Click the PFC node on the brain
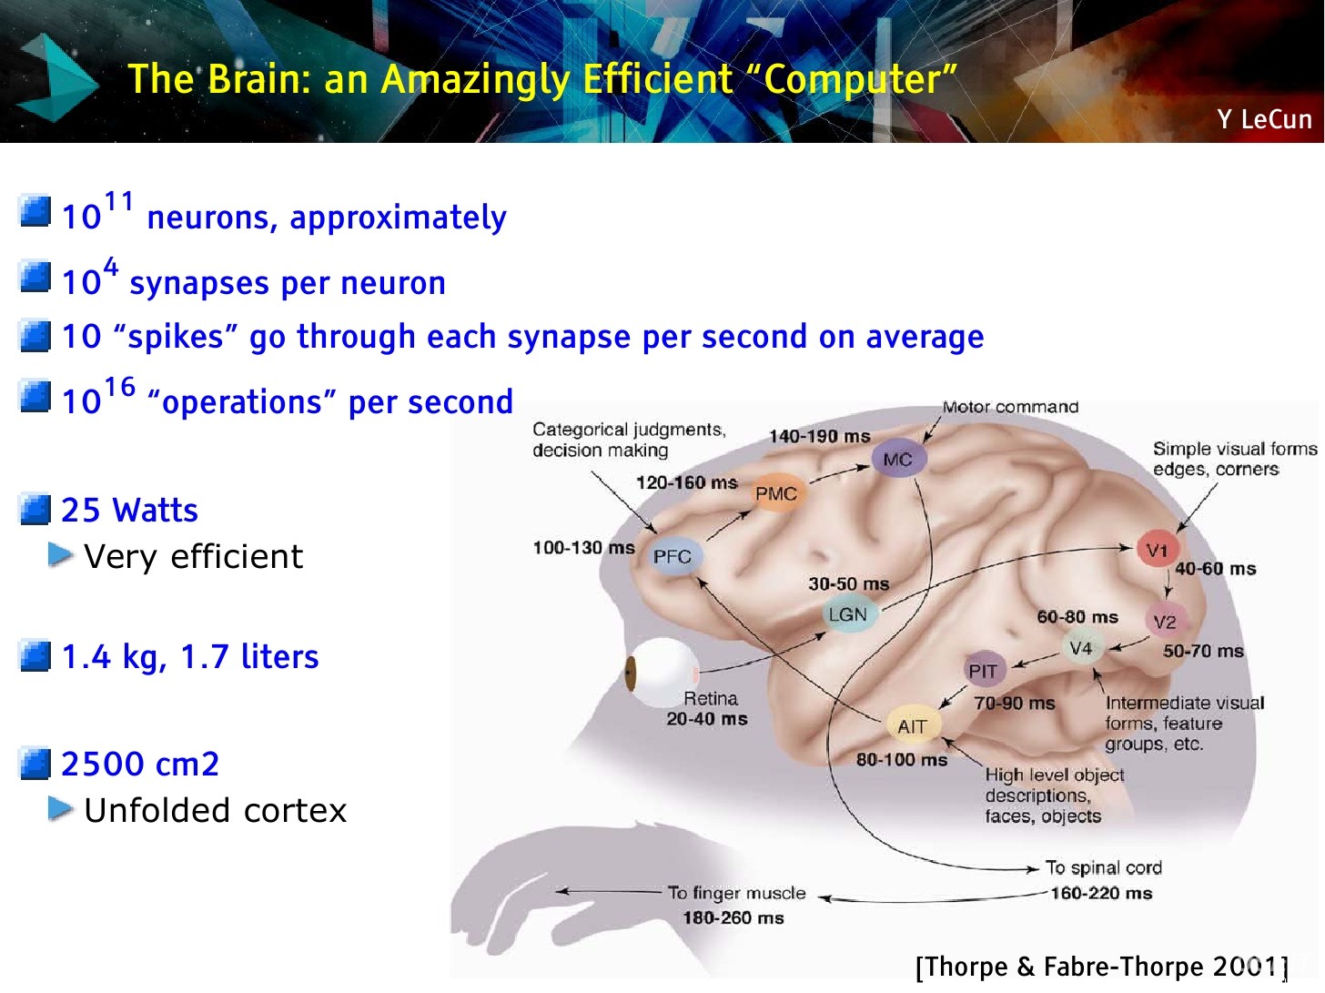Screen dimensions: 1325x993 pyautogui.click(x=673, y=556)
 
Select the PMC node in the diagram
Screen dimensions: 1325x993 pyautogui.click(x=775, y=493)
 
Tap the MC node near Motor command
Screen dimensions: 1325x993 pyautogui.click(x=897, y=460)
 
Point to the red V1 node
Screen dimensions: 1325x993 pyautogui.click(x=1157, y=551)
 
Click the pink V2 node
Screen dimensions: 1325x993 pyautogui.click(x=1165, y=622)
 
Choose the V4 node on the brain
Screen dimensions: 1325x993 pyautogui.click(x=1081, y=649)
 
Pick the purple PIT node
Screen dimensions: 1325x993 pyautogui.click(x=983, y=672)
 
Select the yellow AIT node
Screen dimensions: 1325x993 pyautogui.click(x=912, y=726)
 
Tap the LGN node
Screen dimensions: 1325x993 pyautogui.click(x=847, y=615)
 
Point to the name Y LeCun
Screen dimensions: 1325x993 pyautogui.click(x=1264, y=119)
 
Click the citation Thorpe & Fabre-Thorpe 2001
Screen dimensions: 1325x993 pyautogui.click(x=1101, y=967)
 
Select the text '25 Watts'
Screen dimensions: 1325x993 pyautogui.click(x=129, y=511)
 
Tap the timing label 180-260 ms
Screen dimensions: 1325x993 pyautogui.click(x=733, y=917)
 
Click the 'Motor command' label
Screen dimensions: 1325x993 pyautogui.click(x=1010, y=407)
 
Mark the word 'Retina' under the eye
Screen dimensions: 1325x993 pyautogui.click(x=711, y=698)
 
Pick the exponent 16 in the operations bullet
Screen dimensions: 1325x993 pyautogui.click(x=119, y=388)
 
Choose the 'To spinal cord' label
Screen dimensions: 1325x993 pyautogui.click(x=1103, y=867)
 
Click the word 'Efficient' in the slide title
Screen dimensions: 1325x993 pyautogui.click(x=657, y=80)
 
